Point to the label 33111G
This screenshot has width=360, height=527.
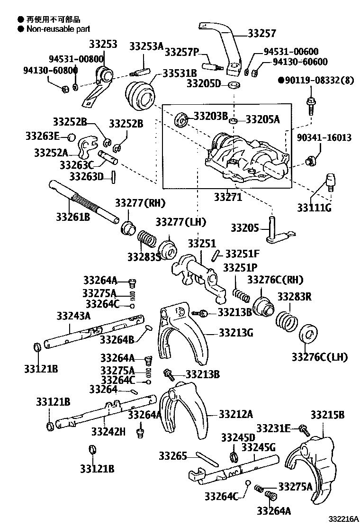pyautogui.click(x=315, y=207)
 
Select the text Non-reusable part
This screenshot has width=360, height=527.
pyautogui.click(x=53, y=28)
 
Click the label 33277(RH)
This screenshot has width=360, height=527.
pyautogui.click(x=140, y=203)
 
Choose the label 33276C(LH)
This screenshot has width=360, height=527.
pyautogui.click(x=319, y=357)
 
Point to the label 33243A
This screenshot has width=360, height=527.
pyautogui.click(x=73, y=315)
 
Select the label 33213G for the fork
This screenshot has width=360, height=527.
pyautogui.click(x=235, y=333)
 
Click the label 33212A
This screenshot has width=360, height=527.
pyautogui.click(x=235, y=414)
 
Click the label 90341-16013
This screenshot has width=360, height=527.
pyautogui.click(x=324, y=137)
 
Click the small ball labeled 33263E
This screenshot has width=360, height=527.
pyautogui.click(x=70, y=137)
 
